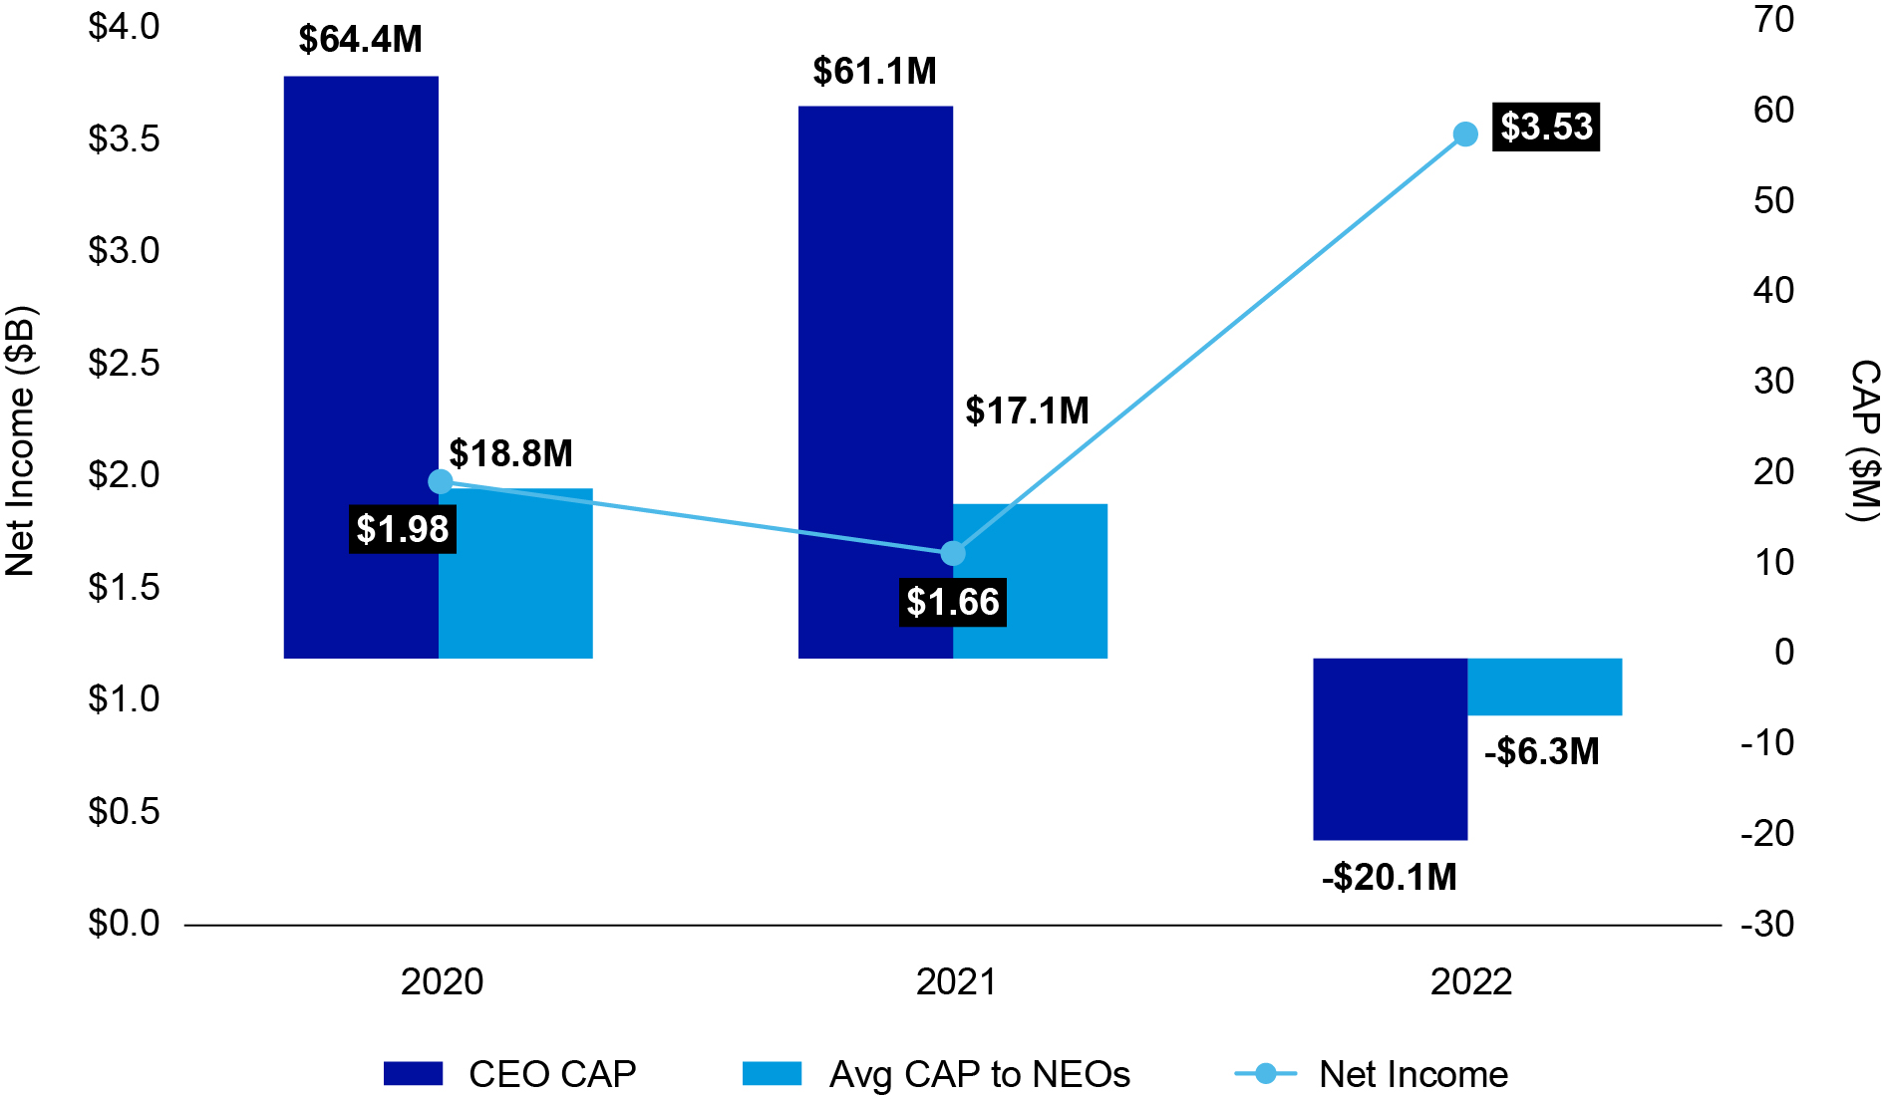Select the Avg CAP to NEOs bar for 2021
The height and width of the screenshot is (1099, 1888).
pyautogui.click(x=1030, y=581)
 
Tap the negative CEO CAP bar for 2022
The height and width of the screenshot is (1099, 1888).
pyautogui.click(x=1390, y=748)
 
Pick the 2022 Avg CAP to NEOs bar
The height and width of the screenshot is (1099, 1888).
pyautogui.click(x=1544, y=687)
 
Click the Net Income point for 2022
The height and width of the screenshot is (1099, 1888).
pyautogui.click(x=1465, y=135)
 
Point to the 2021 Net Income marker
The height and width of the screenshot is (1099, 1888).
pyautogui.click(x=953, y=553)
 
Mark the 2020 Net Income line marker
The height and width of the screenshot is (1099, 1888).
pyautogui.click(x=440, y=482)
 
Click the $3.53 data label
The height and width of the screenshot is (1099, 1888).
pyautogui.click(x=1546, y=128)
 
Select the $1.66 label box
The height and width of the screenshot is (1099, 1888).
pyautogui.click(x=952, y=603)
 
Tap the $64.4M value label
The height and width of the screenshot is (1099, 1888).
pyautogui.click(x=361, y=40)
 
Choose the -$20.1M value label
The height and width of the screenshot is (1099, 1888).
pyautogui.click(x=1390, y=877)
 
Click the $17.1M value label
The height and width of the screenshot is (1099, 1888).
pyautogui.click(x=1027, y=411)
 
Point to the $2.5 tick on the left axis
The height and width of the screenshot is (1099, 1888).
pyautogui.click(x=124, y=363)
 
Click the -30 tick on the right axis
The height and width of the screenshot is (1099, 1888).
pyautogui.click(x=1767, y=924)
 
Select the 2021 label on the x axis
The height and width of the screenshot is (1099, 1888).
pyautogui.click(x=956, y=982)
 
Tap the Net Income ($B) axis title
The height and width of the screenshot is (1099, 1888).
pyautogui.click(x=21, y=440)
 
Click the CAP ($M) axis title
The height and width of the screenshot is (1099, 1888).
pyautogui.click(x=1863, y=440)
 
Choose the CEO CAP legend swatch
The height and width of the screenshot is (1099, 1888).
pyautogui.click(x=413, y=1073)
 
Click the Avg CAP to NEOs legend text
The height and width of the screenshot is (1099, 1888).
pyautogui.click(x=979, y=1074)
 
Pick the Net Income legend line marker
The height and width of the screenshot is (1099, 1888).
pyautogui.click(x=1265, y=1073)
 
